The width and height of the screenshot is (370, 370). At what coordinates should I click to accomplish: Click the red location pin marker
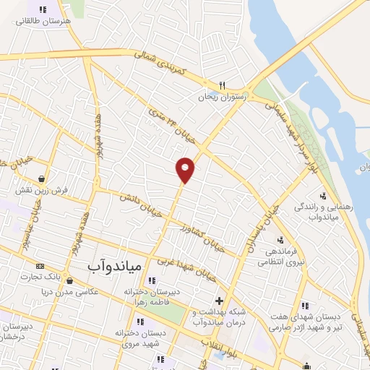(x=186, y=169)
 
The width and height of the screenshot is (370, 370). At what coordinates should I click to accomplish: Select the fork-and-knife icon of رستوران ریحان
(x=223, y=84)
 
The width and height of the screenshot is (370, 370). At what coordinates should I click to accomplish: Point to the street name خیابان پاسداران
(x=262, y=224)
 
